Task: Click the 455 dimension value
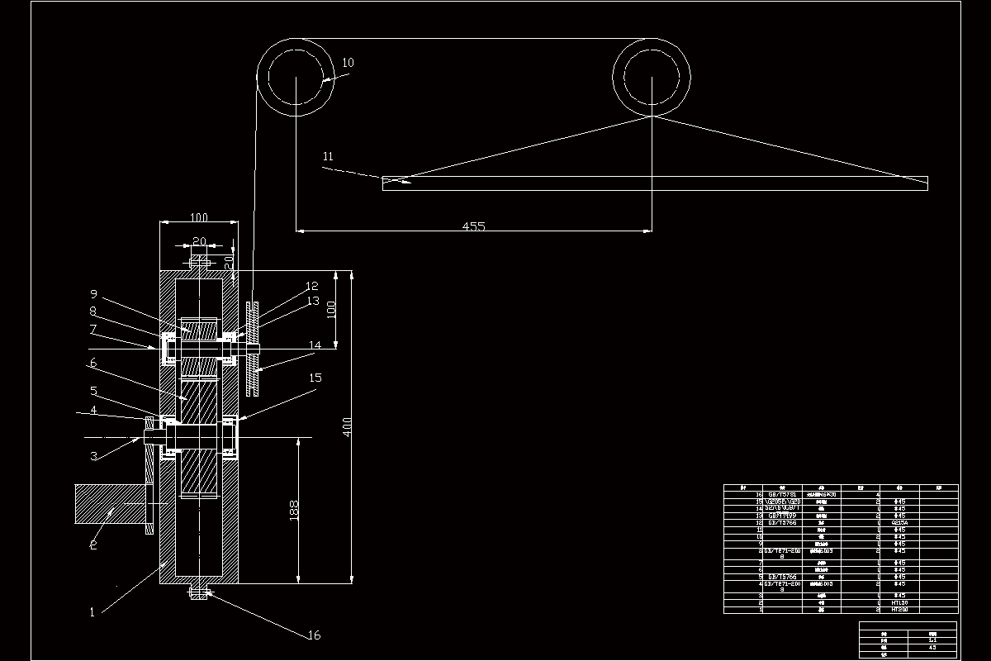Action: click(x=473, y=226)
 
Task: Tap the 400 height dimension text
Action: click(x=348, y=426)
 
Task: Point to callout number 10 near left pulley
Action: click(x=348, y=63)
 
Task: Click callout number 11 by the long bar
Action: click(x=328, y=155)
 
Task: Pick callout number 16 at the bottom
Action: click(x=313, y=635)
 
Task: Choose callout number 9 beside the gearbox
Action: click(x=93, y=293)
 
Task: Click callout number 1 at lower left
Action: click(x=92, y=612)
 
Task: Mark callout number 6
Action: click(x=93, y=362)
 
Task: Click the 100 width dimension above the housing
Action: click(x=199, y=217)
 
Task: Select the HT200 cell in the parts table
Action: click(x=899, y=610)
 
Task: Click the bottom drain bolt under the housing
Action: click(x=199, y=593)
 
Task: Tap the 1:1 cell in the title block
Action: click(x=932, y=640)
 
